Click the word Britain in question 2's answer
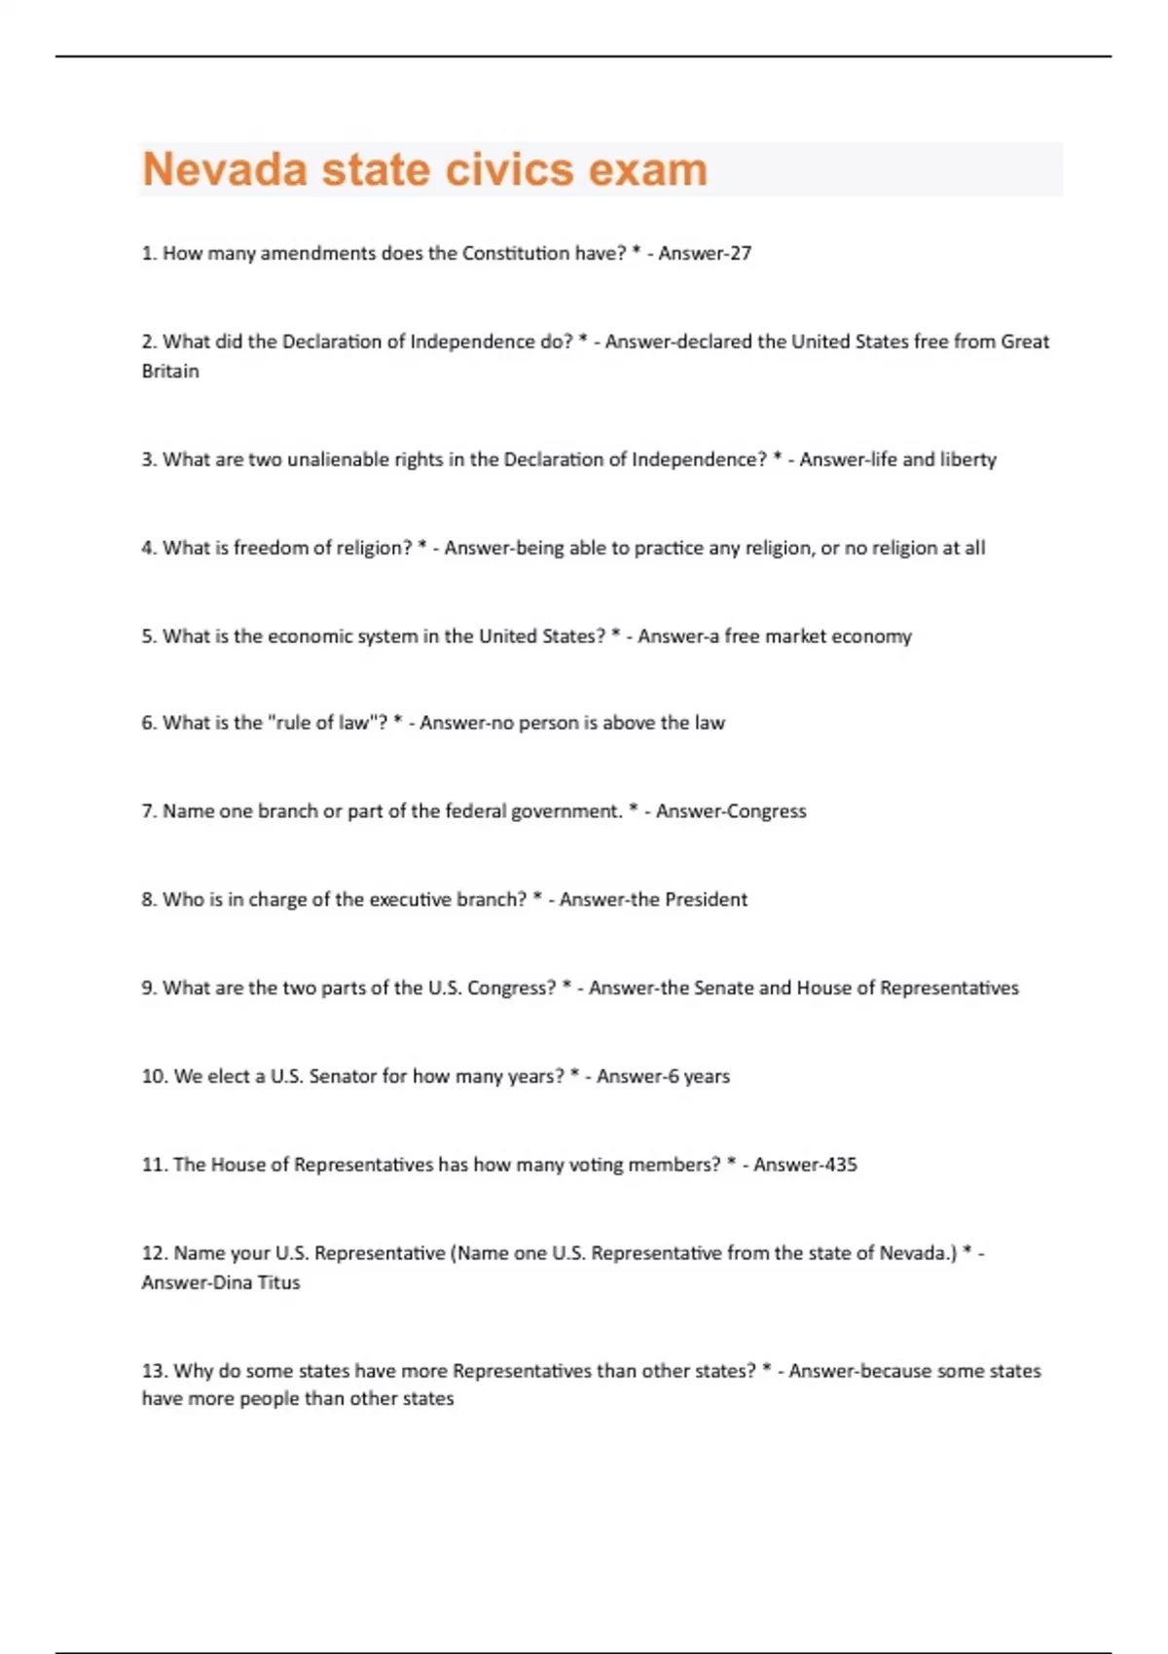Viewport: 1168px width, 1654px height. (170, 371)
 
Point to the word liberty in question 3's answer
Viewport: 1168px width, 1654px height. (967, 459)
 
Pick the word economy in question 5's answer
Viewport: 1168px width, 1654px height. (873, 636)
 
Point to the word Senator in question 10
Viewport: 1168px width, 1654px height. (343, 1076)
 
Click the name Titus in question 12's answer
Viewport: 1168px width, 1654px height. (279, 1282)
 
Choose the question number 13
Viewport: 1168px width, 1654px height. (154, 1371)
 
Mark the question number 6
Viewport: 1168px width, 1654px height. (149, 723)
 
